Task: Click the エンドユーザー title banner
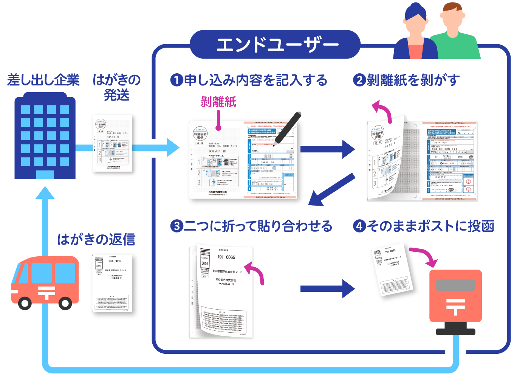(x=275, y=45)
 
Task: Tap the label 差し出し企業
(x=43, y=80)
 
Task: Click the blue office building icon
(x=45, y=138)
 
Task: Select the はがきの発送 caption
(x=116, y=87)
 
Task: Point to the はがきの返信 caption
(x=96, y=239)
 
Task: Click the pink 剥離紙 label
(x=218, y=102)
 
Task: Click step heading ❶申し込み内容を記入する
(x=249, y=80)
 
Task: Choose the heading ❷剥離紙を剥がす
(x=406, y=80)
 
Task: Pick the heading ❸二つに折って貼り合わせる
(x=251, y=226)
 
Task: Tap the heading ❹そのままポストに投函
(x=424, y=226)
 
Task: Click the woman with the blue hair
(x=415, y=34)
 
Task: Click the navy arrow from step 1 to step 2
(x=327, y=149)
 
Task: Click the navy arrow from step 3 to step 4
(x=327, y=289)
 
